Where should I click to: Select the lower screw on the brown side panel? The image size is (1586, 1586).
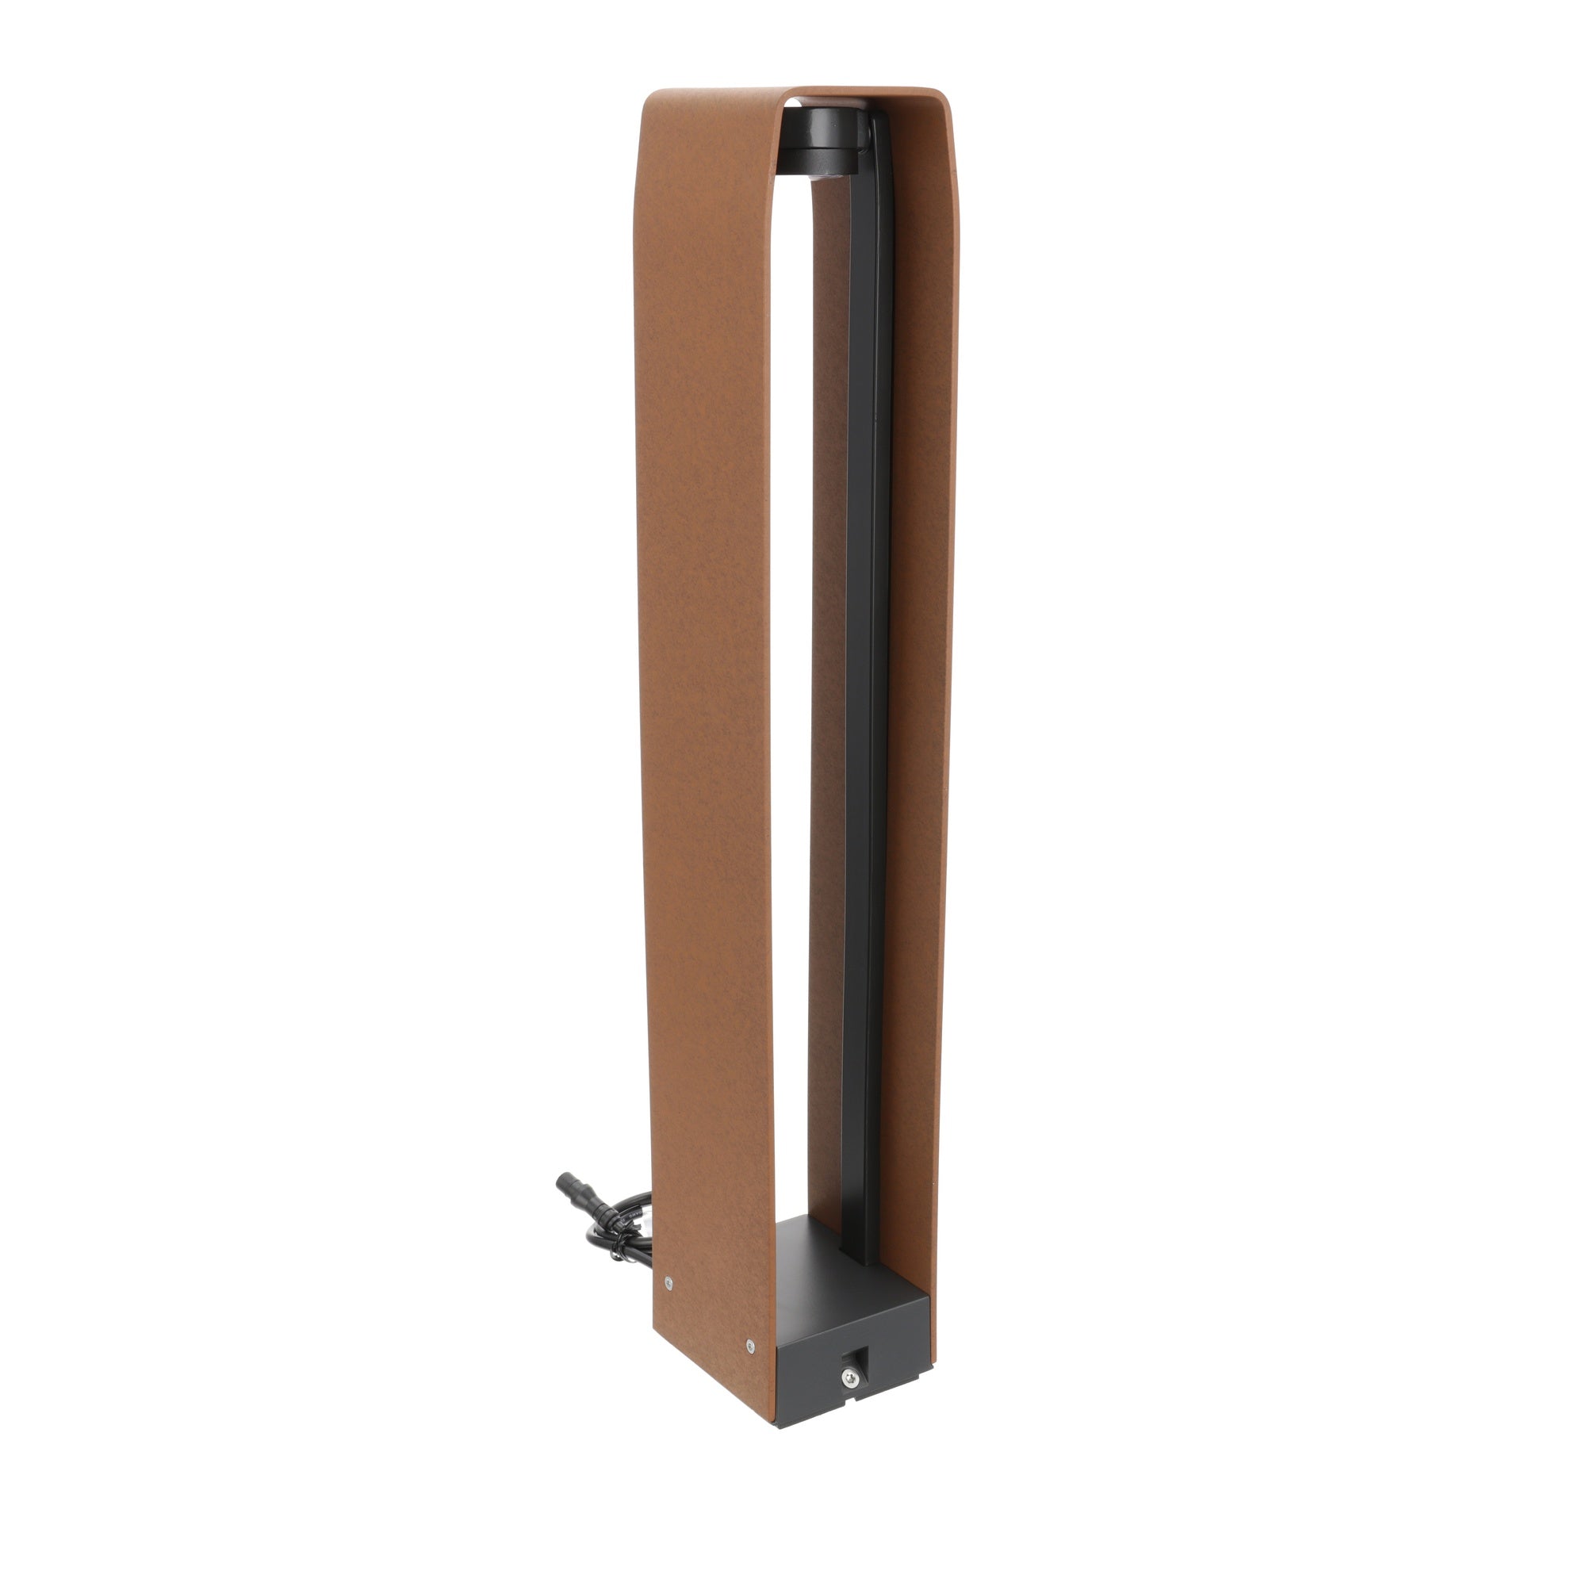(749, 1345)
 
